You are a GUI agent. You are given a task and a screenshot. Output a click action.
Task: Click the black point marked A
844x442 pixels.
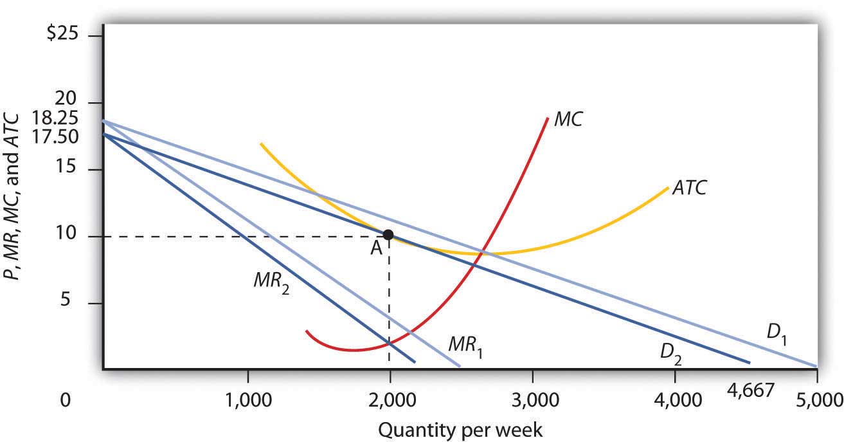pyautogui.click(x=388, y=234)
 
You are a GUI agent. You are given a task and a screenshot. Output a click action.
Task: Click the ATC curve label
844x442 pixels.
pyautogui.click(x=690, y=188)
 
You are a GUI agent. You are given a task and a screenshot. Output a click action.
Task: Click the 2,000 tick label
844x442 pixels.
pyautogui.click(x=390, y=400)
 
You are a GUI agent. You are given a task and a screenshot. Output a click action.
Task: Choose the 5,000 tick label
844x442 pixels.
pyautogui.click(x=817, y=400)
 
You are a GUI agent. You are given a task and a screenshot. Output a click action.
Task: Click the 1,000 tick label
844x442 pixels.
pyautogui.click(x=248, y=400)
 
